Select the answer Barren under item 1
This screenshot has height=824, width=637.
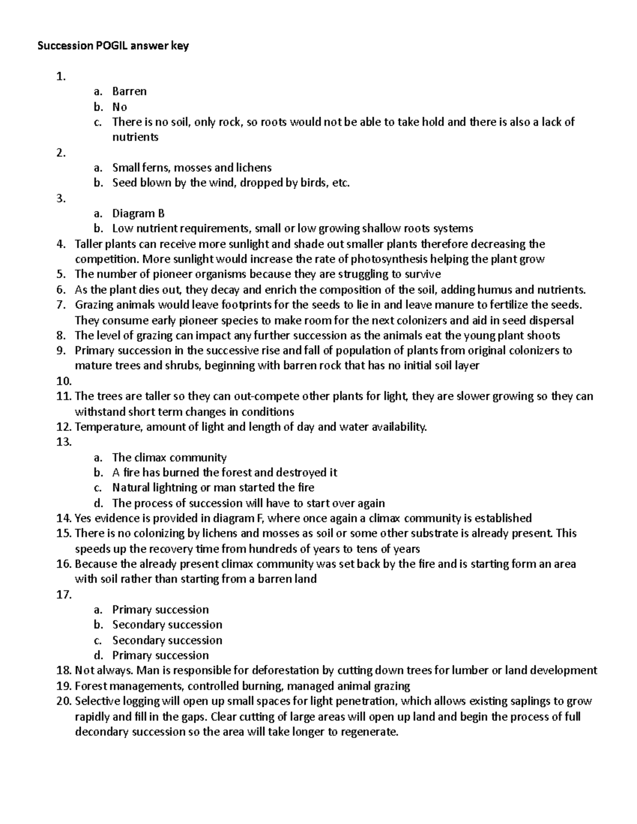tap(129, 91)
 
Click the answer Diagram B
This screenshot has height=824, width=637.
tap(138, 214)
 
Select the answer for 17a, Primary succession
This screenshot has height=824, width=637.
tap(160, 610)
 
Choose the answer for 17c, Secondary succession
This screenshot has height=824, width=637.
tap(167, 640)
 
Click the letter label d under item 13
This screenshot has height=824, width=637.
tap(97, 503)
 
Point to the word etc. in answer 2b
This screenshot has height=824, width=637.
tap(340, 183)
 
